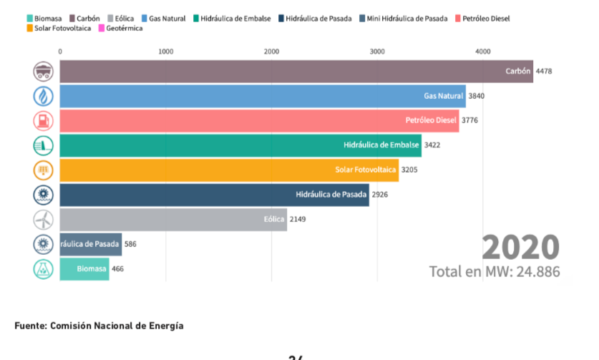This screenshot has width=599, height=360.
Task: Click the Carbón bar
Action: coord(296,72)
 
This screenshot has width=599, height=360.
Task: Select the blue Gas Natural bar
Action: coord(262,96)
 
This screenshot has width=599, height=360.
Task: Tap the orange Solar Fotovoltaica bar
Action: coord(229,170)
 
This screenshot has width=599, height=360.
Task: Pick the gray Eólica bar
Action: coord(172,219)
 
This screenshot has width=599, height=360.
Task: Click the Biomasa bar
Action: coord(84,268)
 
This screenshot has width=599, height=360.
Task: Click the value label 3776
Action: coord(470,120)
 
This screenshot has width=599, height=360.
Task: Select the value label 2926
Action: coord(380,195)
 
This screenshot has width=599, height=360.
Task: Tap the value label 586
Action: coord(130,244)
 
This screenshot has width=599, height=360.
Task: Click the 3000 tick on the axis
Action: coord(377,52)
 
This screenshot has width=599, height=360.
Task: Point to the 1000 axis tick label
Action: coord(166,52)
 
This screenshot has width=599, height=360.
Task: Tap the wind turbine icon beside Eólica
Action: coord(44,219)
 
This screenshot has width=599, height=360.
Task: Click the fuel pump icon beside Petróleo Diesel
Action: coord(44,120)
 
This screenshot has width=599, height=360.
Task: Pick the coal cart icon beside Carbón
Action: coord(44,72)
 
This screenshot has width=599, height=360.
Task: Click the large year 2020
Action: coord(520,248)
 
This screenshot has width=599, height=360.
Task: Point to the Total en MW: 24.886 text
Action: coord(495,272)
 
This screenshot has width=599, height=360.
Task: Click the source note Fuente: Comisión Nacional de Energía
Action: coord(99,326)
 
